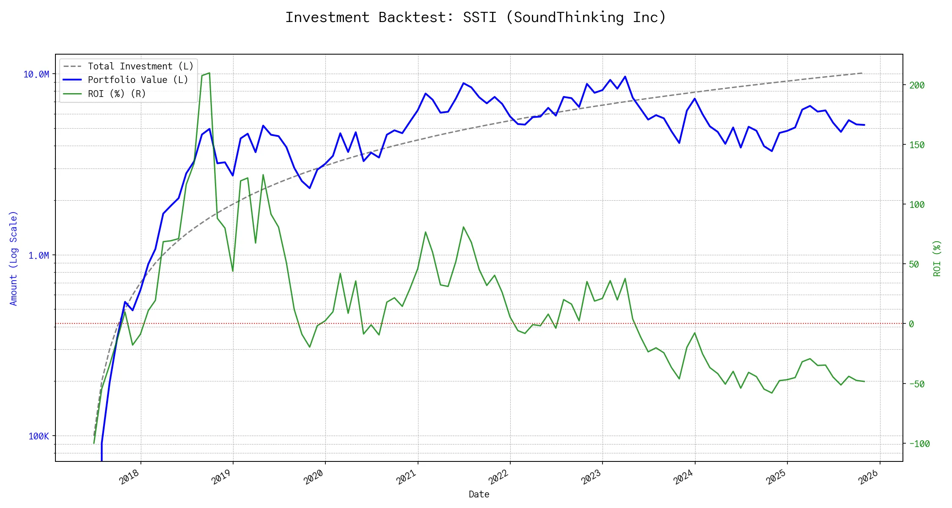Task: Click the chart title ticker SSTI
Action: click(x=479, y=17)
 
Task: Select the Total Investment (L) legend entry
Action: click(x=140, y=66)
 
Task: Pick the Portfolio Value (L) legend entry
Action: click(x=138, y=80)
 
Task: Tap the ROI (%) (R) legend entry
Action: click(x=117, y=94)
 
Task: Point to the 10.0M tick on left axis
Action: click(x=36, y=75)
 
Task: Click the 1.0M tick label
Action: click(x=39, y=255)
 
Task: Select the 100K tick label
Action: click(x=39, y=436)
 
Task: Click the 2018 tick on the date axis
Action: click(x=129, y=477)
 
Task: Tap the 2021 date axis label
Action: click(x=407, y=477)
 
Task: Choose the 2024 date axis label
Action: click(x=683, y=477)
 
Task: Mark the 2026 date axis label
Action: click(x=869, y=477)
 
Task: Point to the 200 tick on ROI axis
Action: click(x=917, y=86)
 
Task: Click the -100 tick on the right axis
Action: click(x=919, y=444)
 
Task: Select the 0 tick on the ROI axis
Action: click(x=911, y=324)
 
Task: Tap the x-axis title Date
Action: click(x=479, y=494)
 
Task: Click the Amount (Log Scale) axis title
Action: click(x=14, y=258)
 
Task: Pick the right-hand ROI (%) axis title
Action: click(x=937, y=258)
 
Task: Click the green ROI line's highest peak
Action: click(x=209, y=73)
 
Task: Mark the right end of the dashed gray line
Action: click(x=862, y=73)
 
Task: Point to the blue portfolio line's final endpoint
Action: click(x=864, y=125)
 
